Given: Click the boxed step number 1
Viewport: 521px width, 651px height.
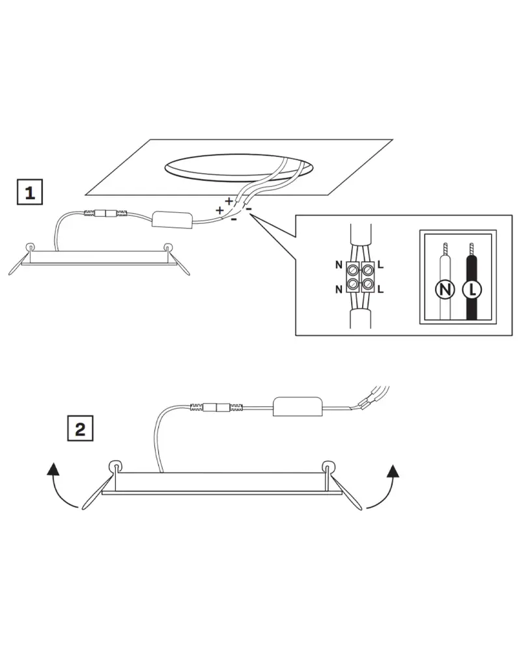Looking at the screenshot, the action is [29, 192].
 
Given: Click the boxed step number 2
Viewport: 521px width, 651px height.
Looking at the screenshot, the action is [80, 428].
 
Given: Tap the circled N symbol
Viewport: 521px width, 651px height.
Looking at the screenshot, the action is [445, 289].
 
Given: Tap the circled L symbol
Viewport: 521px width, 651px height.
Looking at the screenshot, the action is [472, 289].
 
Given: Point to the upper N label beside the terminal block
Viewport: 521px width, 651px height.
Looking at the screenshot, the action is [339, 264].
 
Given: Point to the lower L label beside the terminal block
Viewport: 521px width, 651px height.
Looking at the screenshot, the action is [380, 289].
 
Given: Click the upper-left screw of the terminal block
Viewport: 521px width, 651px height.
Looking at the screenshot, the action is [352, 270].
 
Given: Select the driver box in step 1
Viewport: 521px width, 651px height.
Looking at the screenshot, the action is [173, 219].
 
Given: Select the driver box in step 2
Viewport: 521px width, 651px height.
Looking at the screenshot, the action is [298, 406].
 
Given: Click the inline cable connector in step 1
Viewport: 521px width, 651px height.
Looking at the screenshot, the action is [106, 214].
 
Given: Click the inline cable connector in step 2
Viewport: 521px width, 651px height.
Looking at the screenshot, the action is [216, 408].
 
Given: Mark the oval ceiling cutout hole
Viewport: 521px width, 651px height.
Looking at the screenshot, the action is [239, 168].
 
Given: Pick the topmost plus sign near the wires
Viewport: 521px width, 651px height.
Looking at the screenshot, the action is [229, 201].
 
